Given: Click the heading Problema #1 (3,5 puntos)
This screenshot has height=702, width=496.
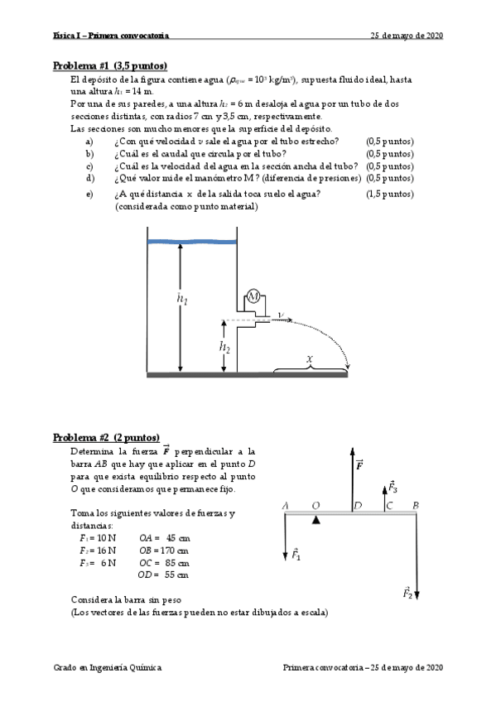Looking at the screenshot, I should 109,65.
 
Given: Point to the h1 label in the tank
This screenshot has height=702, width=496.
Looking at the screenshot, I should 182,300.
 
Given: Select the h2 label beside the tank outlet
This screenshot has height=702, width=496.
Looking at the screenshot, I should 224,348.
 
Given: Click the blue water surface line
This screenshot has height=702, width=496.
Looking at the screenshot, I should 191,241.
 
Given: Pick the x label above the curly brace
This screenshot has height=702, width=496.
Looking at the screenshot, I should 310,359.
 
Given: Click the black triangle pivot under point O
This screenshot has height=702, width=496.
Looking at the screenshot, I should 315,520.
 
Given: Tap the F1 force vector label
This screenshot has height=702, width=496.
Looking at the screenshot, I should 296,555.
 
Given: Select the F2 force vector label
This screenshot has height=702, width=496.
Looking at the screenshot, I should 408,593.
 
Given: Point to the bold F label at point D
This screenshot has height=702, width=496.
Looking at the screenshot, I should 359,465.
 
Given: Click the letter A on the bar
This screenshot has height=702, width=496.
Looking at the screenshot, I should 285,505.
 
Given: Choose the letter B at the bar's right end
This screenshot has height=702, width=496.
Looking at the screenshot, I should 415,505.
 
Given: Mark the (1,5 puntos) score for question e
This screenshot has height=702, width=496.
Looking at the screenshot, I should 388,195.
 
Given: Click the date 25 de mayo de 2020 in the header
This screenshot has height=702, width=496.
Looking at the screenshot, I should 407,36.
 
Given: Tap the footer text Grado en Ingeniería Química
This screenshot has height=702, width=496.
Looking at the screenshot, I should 107,667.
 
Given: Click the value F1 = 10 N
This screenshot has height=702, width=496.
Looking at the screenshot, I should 98,537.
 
